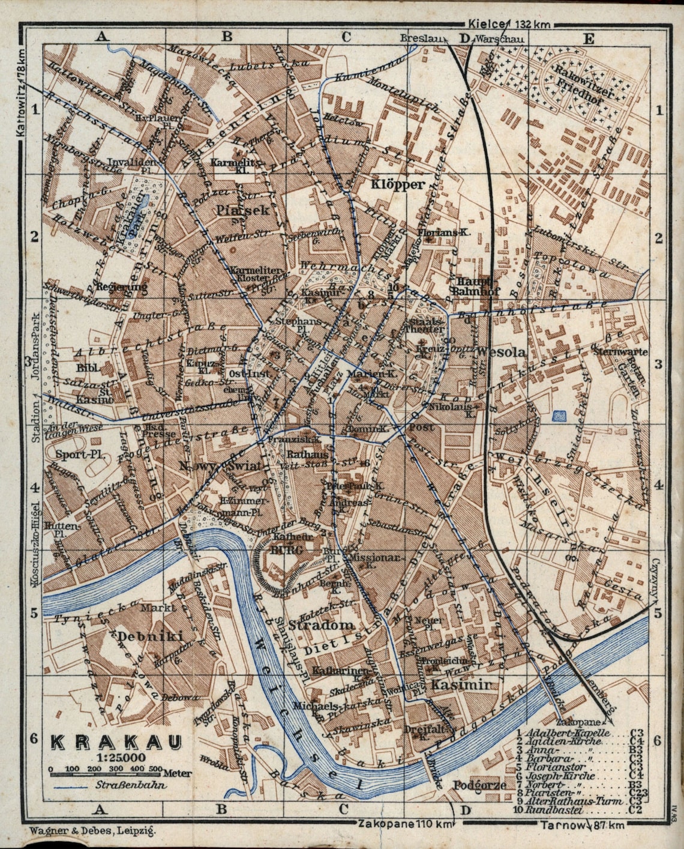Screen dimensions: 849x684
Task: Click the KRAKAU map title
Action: [116, 742]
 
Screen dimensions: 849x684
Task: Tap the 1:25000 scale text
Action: [115, 758]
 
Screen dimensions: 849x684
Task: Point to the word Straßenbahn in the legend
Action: [130, 785]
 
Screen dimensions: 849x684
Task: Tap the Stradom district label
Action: [322, 625]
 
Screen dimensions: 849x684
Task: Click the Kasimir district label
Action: [461, 684]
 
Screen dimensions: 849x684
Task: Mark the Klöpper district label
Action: [397, 184]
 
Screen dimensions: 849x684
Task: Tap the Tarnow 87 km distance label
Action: [581, 826]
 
